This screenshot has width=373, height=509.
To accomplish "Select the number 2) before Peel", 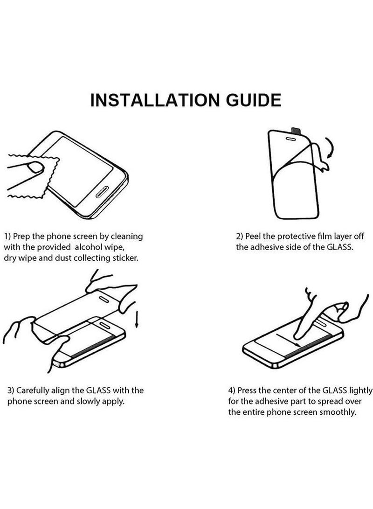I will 240,237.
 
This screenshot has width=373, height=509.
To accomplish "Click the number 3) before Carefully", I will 9,390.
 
